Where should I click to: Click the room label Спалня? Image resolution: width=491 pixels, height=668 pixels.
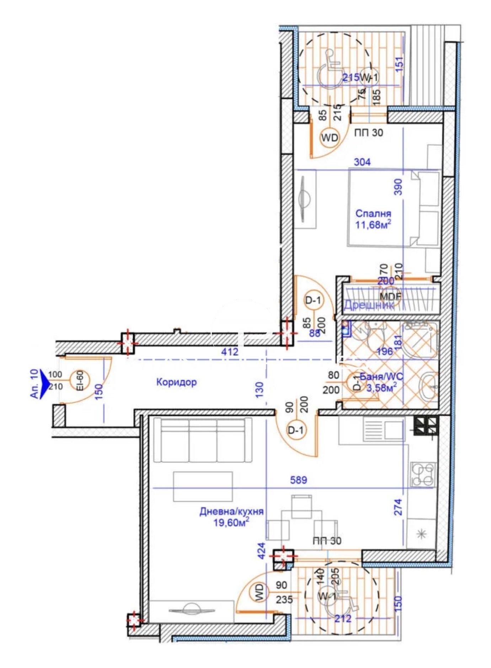(373, 213)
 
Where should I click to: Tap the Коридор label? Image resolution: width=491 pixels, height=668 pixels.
(176, 382)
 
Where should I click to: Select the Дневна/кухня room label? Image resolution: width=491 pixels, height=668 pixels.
(231, 511)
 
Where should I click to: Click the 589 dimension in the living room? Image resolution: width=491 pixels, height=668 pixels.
(298, 480)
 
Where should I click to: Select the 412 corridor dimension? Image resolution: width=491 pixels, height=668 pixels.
(230, 352)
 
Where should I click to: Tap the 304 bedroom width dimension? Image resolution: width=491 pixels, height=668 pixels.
(362, 162)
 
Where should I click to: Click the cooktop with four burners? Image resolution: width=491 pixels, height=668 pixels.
(423, 475)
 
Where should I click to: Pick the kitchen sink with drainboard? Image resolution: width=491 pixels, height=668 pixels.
(383, 429)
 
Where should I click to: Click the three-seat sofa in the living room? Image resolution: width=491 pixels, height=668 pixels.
(203, 440)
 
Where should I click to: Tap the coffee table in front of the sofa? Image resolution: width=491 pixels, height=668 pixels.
(203, 486)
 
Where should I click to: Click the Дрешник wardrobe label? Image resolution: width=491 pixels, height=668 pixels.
(369, 305)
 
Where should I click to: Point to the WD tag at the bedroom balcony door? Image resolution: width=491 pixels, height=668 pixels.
(330, 137)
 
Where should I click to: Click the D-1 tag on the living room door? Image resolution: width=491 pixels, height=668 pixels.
(296, 430)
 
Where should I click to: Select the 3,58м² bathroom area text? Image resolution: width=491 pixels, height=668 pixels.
(381, 387)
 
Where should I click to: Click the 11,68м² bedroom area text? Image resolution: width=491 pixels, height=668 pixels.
(373, 225)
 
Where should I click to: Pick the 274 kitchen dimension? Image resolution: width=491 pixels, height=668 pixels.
(398, 507)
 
